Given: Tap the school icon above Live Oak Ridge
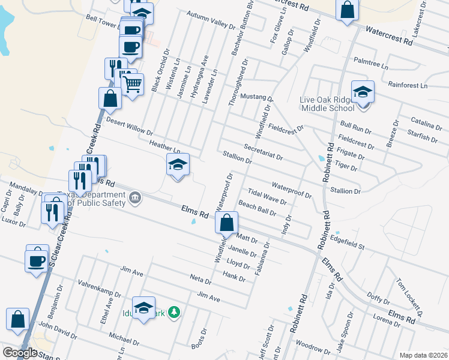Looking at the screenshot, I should coord(363,92).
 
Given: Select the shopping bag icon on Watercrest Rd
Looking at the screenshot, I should coord(348,10).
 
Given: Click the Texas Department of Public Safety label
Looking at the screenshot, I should coord(96,199).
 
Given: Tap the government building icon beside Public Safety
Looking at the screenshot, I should coord(135,197).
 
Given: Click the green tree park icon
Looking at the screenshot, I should coord(174,311).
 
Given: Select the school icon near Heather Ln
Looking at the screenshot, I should coord(178,164).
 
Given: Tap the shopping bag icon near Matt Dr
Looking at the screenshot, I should coord(226,223).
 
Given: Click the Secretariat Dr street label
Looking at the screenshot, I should coord(264,151).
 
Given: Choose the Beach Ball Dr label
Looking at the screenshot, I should coord(258,208).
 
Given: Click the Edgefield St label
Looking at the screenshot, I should coord(348,243).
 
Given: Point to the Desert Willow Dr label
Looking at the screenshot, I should coord(130,126).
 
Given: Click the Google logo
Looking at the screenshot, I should coord(20,353).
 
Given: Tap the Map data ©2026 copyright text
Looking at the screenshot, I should coord(423,355).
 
